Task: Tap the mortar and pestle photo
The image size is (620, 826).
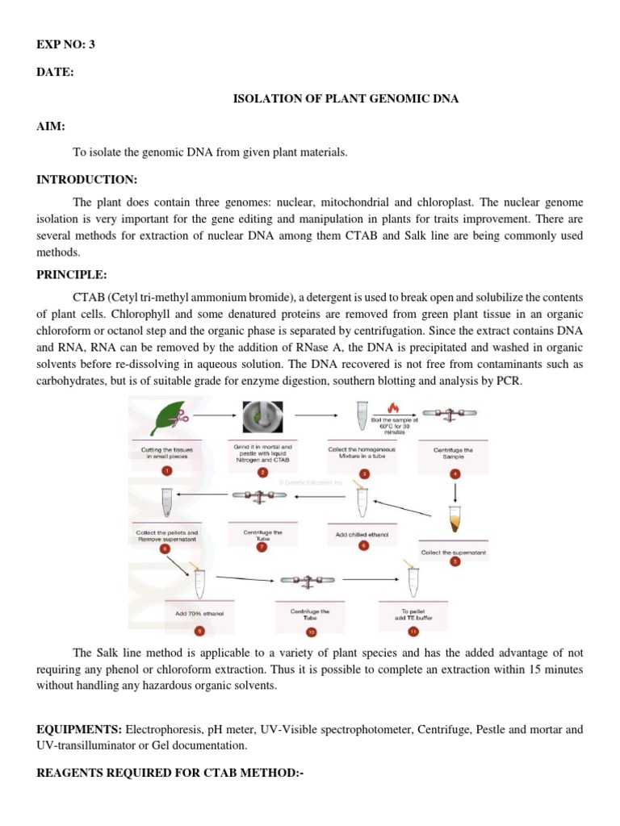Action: (x=262, y=417)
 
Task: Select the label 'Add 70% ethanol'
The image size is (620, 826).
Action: (x=199, y=614)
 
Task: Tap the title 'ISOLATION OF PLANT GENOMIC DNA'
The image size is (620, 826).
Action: (x=346, y=100)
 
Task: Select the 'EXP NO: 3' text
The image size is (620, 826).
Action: (x=65, y=44)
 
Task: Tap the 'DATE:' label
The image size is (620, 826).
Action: (x=54, y=73)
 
